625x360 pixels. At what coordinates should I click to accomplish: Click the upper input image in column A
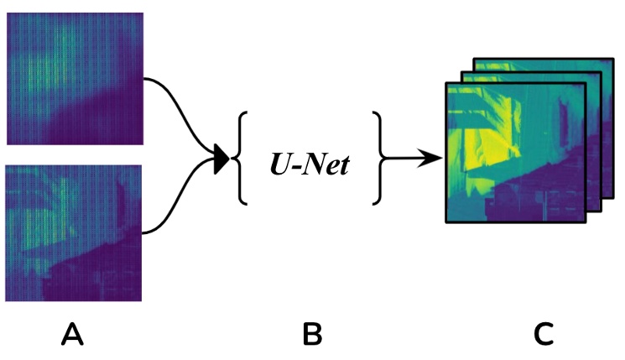coord(74,79)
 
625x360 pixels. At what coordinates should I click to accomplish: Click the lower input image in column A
coord(74,232)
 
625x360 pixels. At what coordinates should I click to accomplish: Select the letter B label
coord(312,336)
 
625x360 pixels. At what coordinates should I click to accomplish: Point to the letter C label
coord(543,336)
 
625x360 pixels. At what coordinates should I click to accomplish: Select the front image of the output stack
coord(512,151)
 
